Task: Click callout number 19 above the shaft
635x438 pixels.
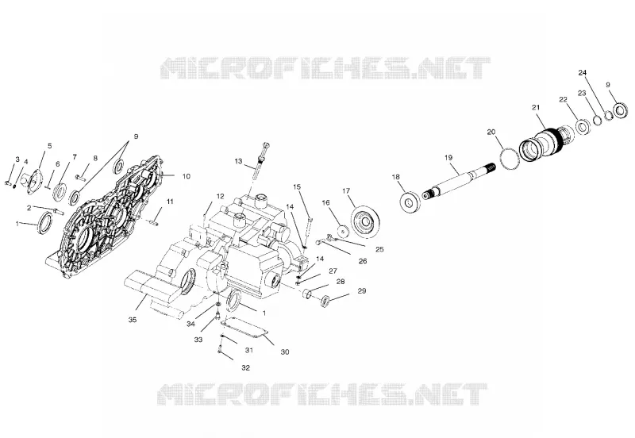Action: [448, 157]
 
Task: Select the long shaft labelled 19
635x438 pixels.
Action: [459, 181]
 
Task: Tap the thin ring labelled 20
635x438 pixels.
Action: [510, 159]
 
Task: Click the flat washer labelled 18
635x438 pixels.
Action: [410, 202]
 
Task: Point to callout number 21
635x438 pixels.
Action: [536, 107]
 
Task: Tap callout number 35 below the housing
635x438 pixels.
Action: [133, 320]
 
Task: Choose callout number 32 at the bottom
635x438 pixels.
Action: [246, 367]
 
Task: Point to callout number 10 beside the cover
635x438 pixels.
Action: [186, 176]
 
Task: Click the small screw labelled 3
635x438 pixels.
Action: [9, 184]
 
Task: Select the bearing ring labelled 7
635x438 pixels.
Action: [61, 191]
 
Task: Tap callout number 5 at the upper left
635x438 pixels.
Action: [50, 146]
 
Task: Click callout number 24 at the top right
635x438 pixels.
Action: [583, 72]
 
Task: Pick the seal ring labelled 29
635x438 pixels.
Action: [325, 302]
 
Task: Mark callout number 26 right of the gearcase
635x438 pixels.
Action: [363, 261]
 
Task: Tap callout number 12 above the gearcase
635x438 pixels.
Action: [220, 196]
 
